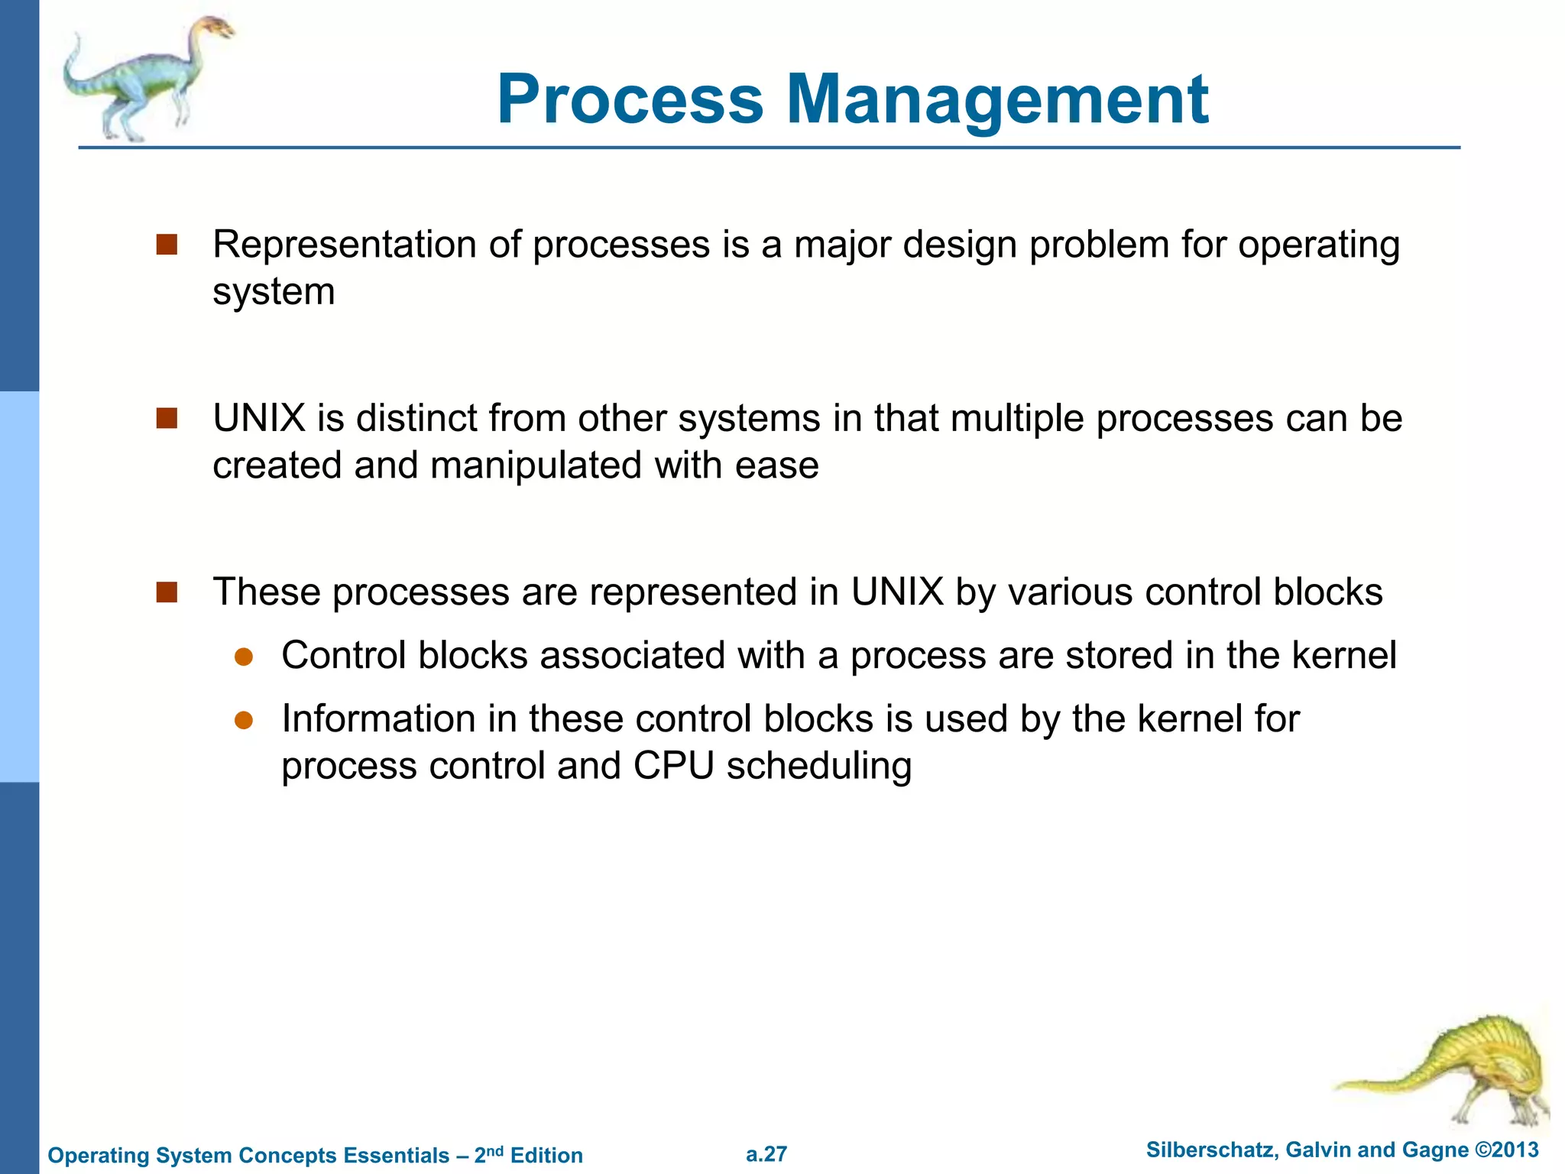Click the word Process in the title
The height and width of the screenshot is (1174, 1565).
[630, 100]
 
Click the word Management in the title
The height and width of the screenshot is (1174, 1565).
[997, 100]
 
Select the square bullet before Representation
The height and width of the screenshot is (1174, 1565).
[167, 245]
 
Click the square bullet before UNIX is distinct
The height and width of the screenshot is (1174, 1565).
[167, 418]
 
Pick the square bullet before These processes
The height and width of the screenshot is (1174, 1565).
[167, 592]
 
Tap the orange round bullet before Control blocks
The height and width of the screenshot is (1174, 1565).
[244, 657]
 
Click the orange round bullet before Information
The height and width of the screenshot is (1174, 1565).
[244, 720]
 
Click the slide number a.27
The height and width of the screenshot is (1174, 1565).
[766, 1154]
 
